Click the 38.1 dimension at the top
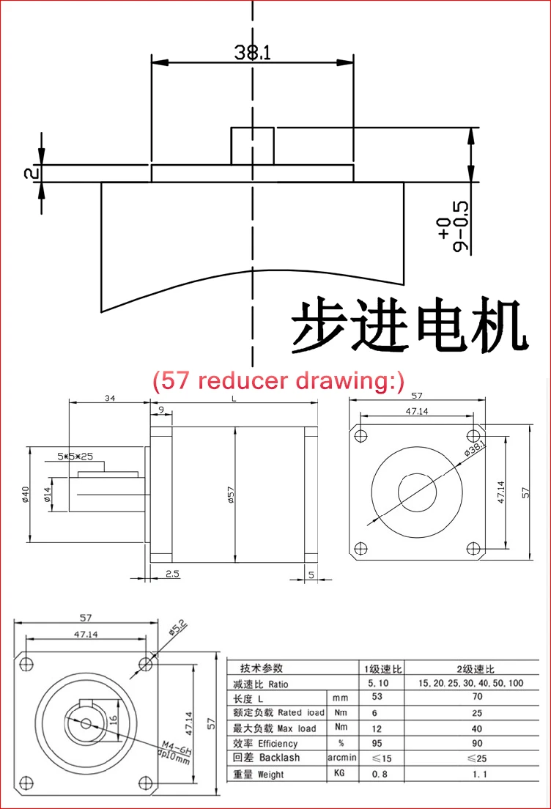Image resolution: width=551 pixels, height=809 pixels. (252, 52)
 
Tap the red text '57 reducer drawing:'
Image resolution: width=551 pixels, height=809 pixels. (278, 381)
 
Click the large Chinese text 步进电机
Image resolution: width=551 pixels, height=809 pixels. (410, 325)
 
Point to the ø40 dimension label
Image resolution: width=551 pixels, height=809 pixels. (26, 494)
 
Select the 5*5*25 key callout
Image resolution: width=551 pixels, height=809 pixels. (75, 456)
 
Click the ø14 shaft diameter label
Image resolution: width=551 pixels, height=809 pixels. (48, 495)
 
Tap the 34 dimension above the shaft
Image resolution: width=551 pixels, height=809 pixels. (110, 398)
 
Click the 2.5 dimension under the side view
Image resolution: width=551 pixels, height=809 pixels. (172, 573)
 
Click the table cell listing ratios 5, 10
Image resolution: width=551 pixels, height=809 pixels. (378, 683)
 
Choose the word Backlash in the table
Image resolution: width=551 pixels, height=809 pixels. (280, 758)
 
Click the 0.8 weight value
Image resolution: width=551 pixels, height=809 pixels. (380, 774)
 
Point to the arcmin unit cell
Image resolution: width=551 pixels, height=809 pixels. (341, 758)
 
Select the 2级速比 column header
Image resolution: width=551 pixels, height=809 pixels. (475, 669)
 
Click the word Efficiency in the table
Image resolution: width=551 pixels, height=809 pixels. (278, 744)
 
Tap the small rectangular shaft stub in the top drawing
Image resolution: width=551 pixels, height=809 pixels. (252, 147)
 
